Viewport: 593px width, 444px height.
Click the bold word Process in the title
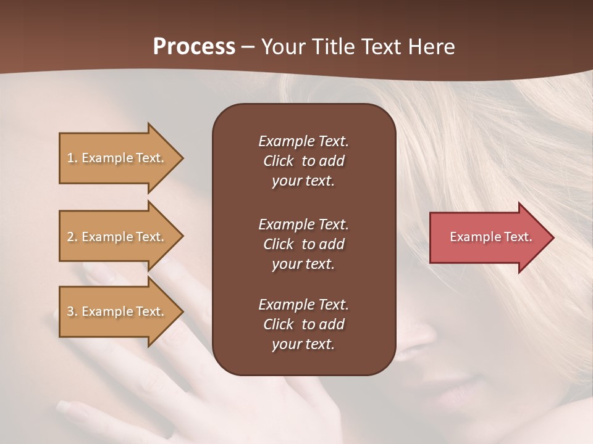pos(194,47)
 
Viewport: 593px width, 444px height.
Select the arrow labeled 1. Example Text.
pos(117,158)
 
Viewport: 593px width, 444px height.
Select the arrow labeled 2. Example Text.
pos(117,237)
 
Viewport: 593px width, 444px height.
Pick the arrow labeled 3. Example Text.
pos(117,311)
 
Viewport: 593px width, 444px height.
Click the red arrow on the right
pos(488,237)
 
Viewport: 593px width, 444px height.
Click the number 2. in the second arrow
pos(72,237)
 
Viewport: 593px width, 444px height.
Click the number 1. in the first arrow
pos(72,158)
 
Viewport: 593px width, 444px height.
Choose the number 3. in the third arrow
pos(72,311)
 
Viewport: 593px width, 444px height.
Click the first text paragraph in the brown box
pos(303,161)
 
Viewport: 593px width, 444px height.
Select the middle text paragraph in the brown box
pos(303,244)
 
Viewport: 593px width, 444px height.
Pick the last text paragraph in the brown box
pos(303,324)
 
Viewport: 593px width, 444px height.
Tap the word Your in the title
pos(282,47)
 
